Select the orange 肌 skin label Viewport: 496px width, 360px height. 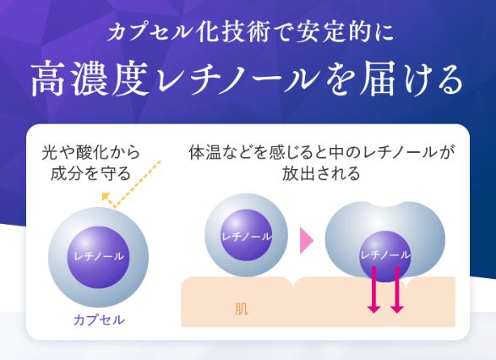(242, 308)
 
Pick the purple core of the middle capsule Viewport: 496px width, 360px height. (246, 236)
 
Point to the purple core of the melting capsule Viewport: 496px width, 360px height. (384, 253)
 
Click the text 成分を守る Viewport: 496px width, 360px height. (91, 174)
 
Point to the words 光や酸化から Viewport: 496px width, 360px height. (91, 154)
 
